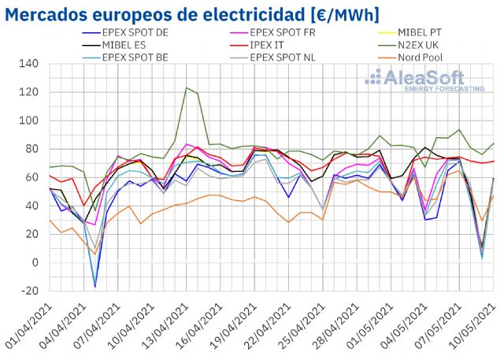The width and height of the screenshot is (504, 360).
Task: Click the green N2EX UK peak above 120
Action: [x=186, y=87]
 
